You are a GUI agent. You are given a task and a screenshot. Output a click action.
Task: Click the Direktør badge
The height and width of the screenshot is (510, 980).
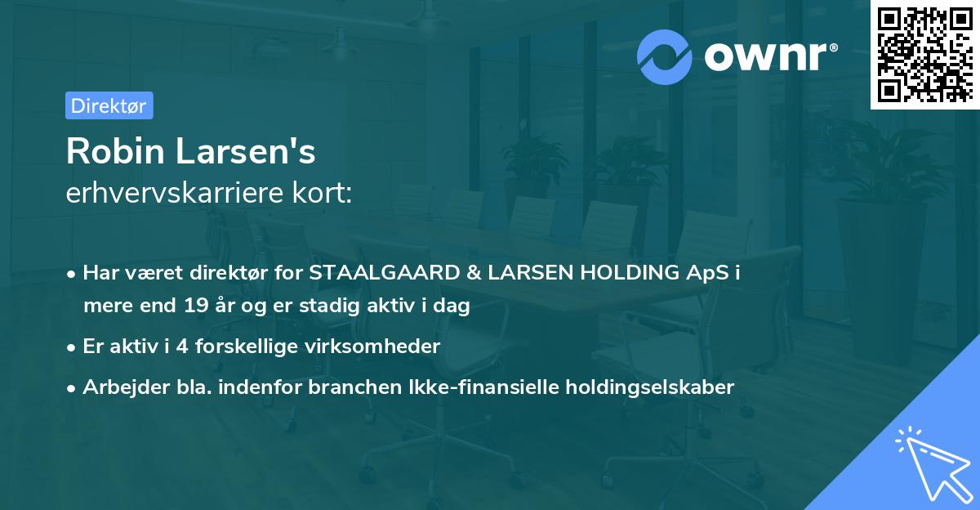click(109, 105)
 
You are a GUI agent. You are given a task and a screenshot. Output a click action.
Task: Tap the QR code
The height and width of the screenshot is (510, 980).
click(925, 55)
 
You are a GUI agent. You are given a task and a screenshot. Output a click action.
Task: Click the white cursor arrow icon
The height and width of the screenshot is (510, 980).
click(931, 461)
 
